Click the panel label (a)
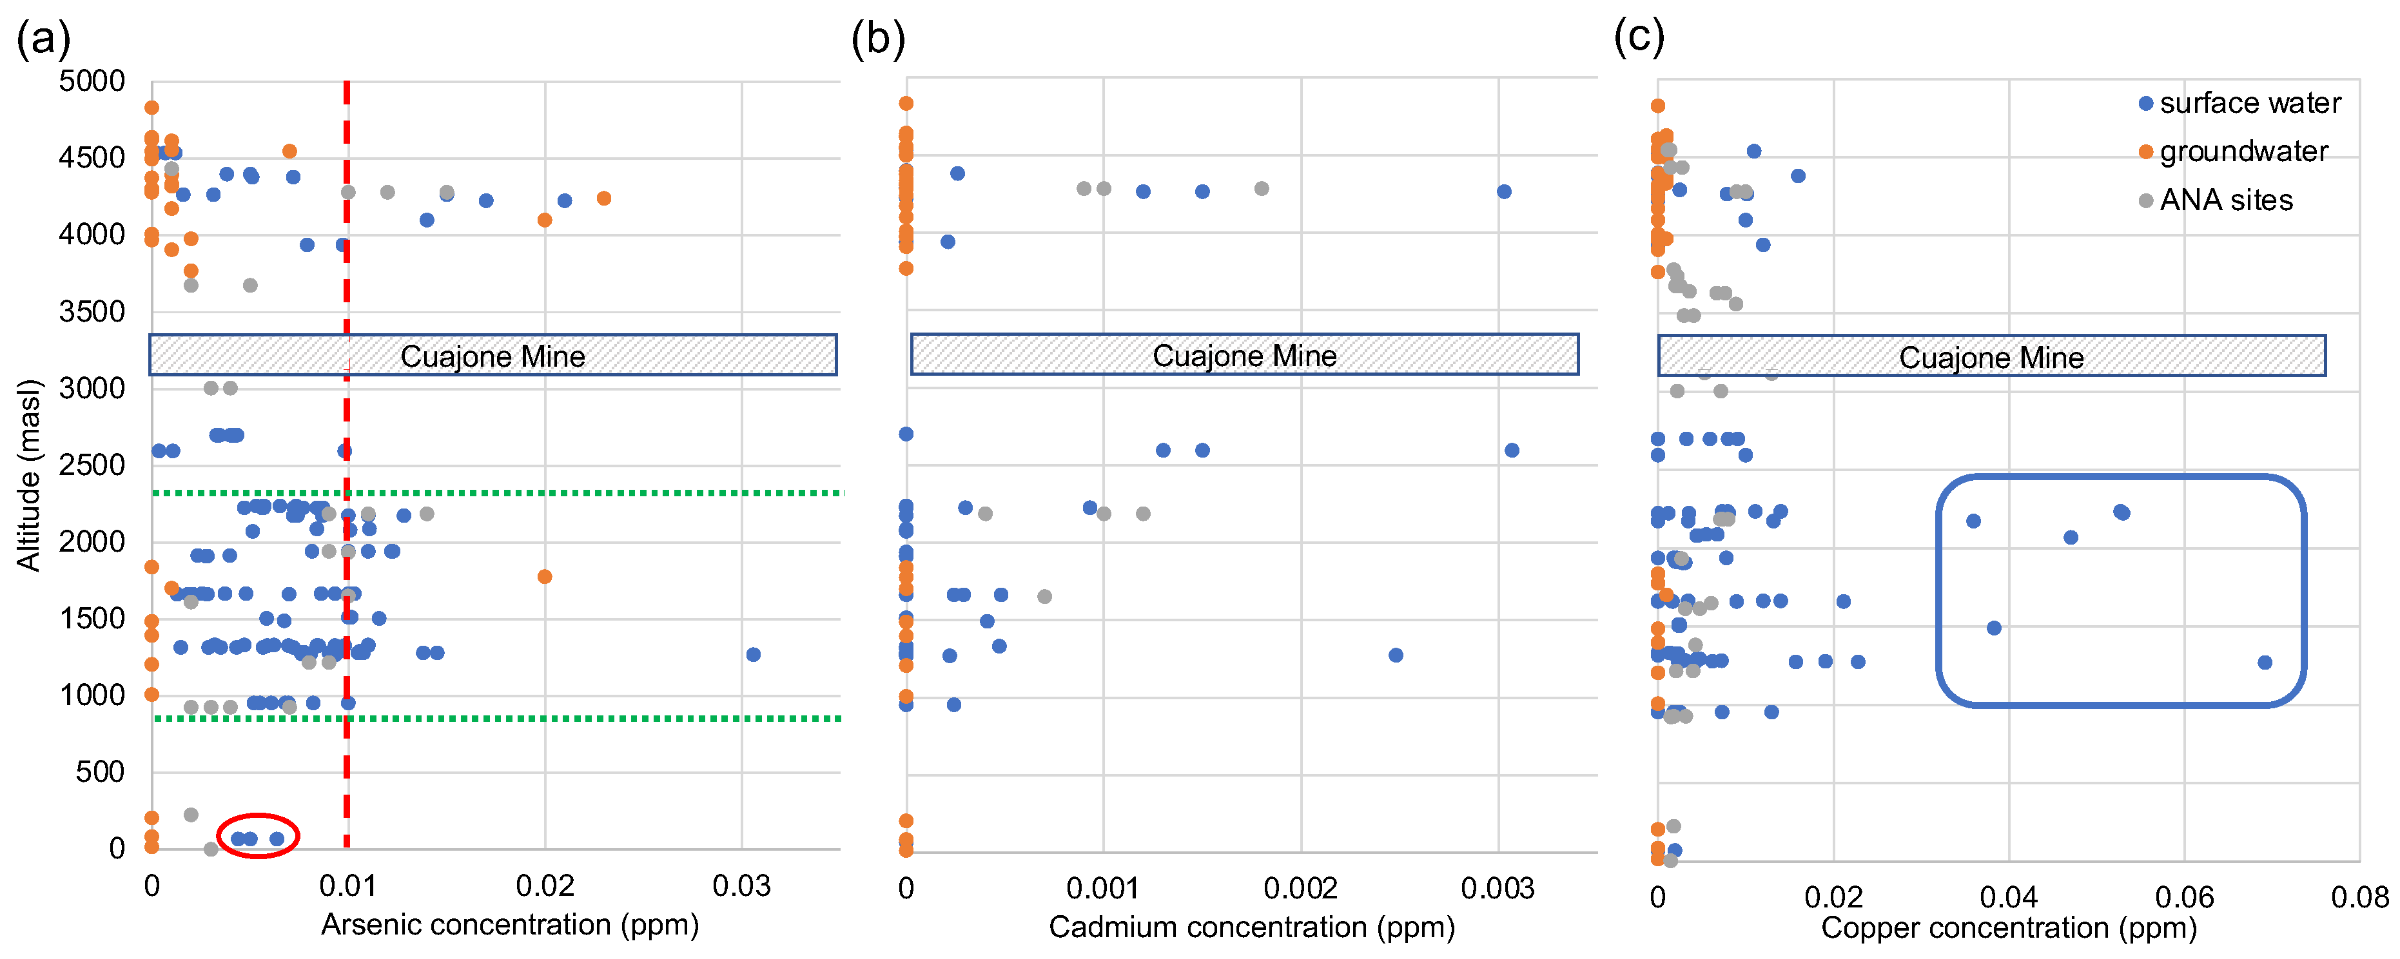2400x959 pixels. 43,39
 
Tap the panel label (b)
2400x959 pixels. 877,39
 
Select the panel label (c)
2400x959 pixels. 1639,37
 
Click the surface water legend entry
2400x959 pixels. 2248,103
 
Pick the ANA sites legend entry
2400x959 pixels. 2225,200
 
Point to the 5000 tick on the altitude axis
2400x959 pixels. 92,81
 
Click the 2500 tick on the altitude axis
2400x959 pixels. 92,465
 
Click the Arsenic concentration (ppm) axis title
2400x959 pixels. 510,925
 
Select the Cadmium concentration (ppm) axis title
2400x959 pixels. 1251,927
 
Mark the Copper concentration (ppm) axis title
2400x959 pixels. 2008,928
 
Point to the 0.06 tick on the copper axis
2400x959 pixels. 2184,898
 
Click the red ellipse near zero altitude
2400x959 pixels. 258,835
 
